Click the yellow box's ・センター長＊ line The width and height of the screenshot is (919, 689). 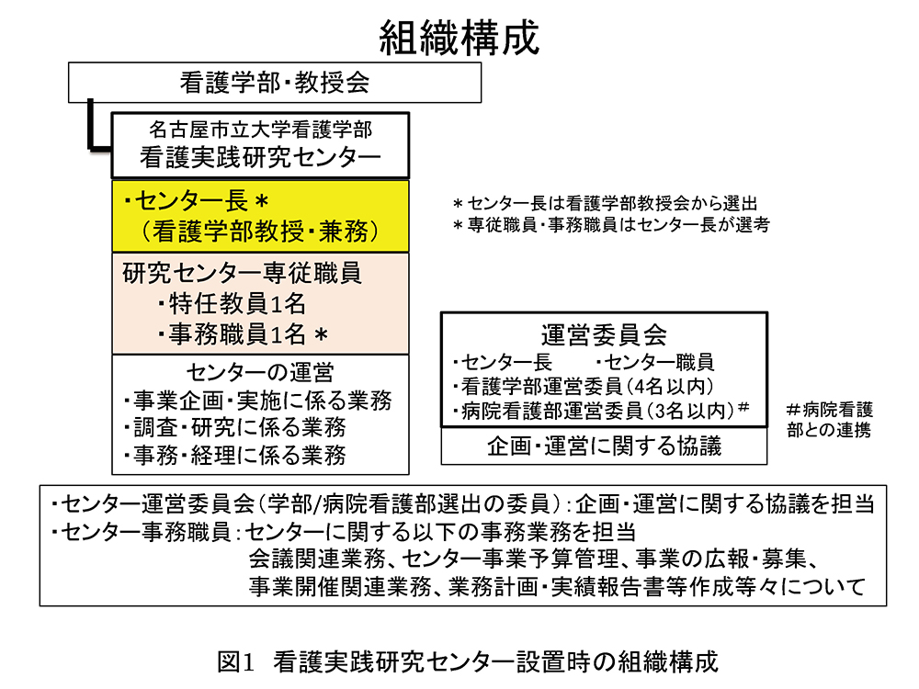[192, 200]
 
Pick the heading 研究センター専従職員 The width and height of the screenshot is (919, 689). [242, 273]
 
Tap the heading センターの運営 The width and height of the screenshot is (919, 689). [259, 372]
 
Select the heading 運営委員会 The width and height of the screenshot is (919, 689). [604, 333]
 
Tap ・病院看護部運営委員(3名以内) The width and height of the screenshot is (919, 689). [597, 410]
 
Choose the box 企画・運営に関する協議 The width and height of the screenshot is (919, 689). [604, 446]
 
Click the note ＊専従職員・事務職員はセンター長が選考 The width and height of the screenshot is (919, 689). [611, 223]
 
